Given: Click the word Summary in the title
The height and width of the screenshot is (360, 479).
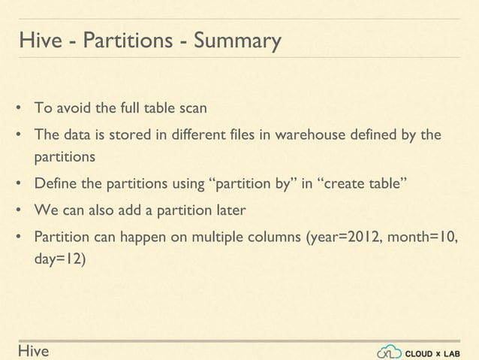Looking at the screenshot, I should click(x=237, y=40).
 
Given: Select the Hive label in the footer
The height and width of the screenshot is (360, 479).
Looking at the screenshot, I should click(x=33, y=351).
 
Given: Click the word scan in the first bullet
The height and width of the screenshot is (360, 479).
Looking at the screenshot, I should click(x=192, y=107).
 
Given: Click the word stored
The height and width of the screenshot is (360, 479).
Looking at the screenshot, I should click(x=120, y=135).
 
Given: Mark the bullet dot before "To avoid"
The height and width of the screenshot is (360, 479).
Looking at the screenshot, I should click(x=18, y=108).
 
